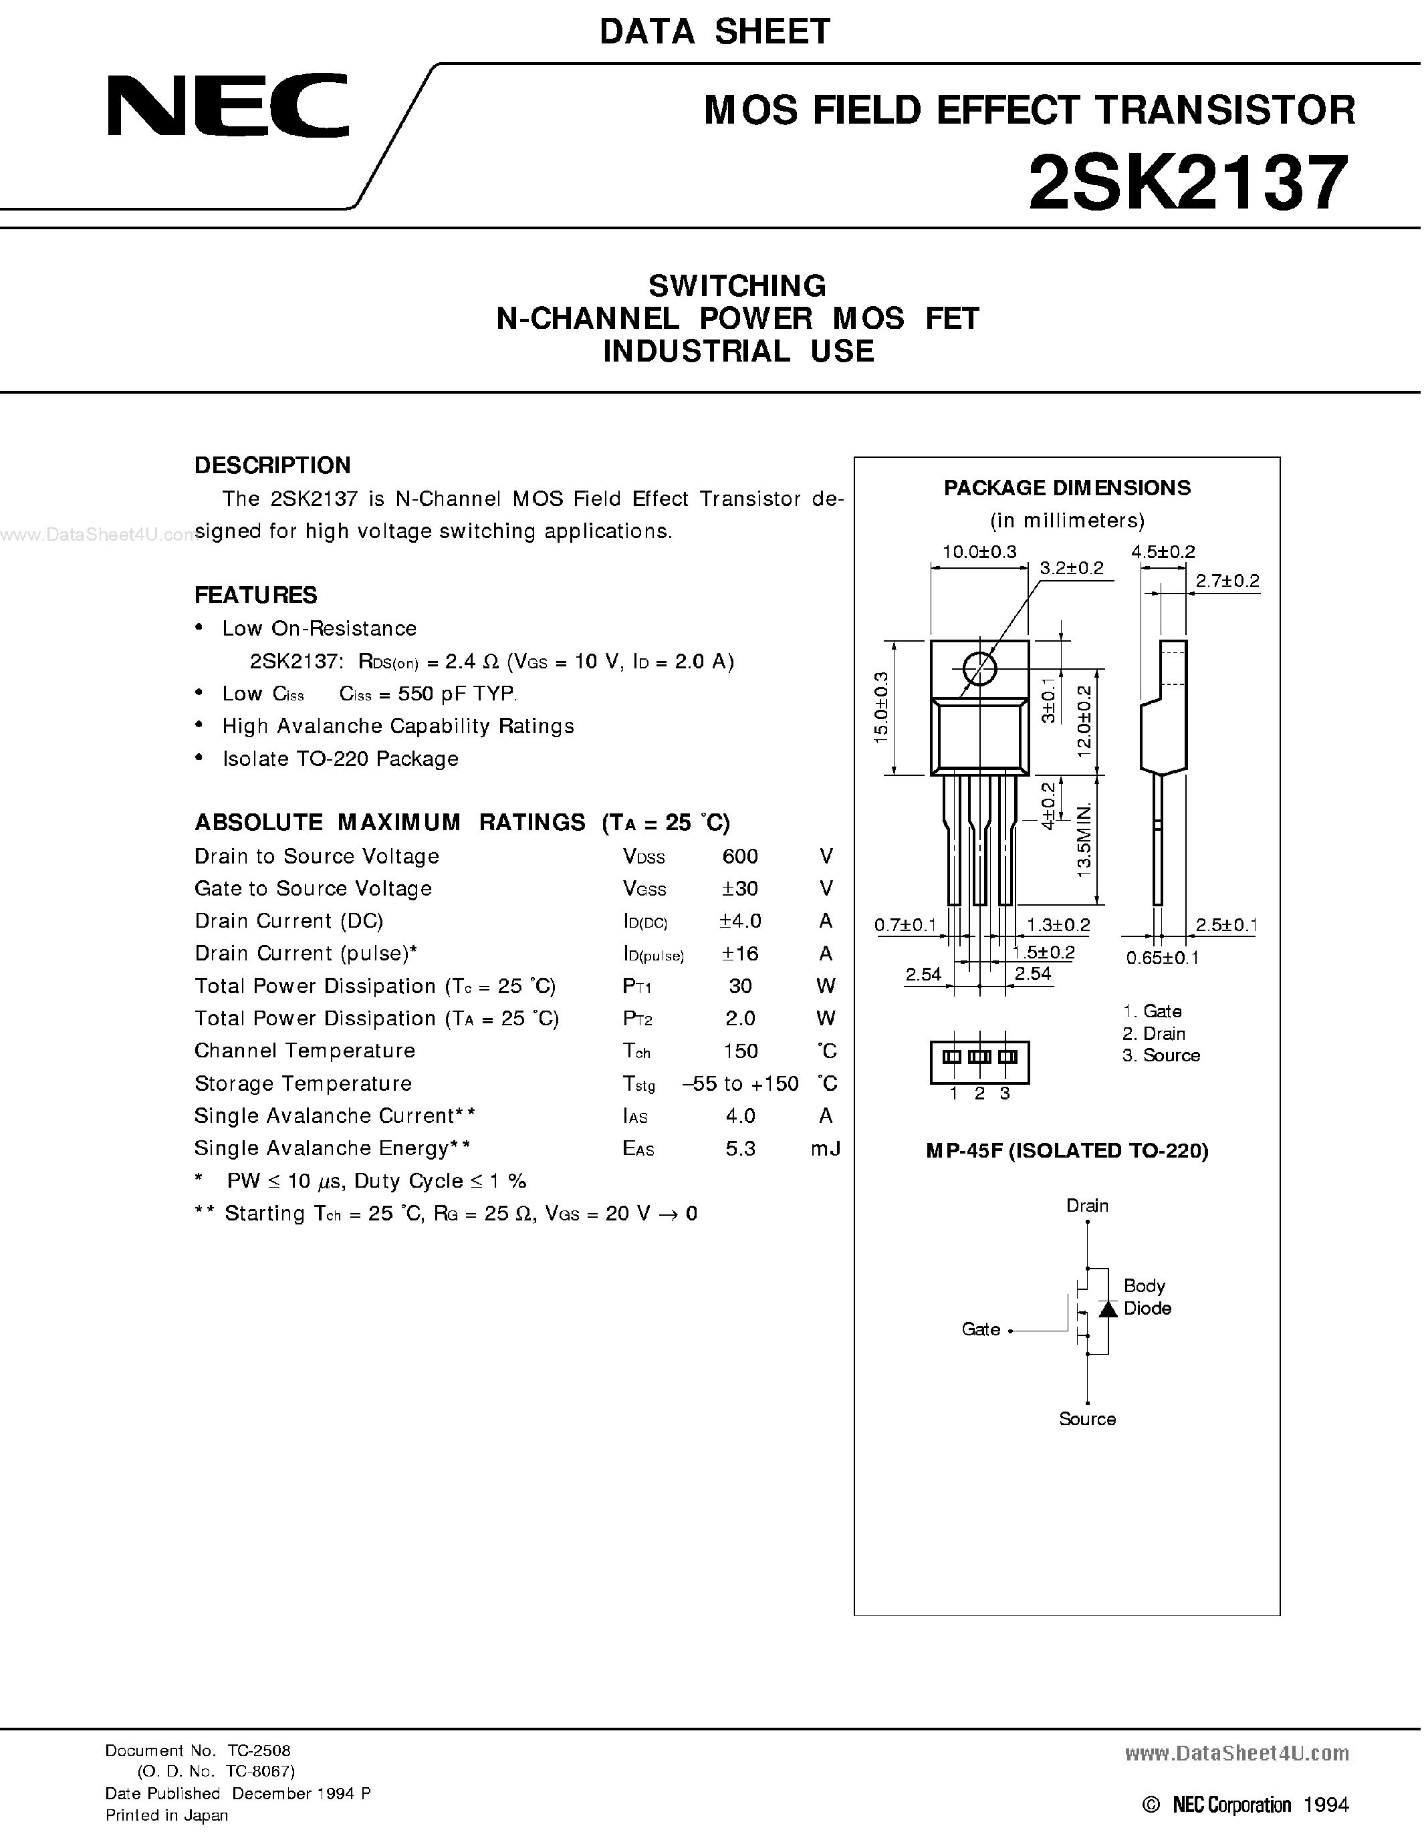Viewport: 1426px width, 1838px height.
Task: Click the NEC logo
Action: tap(227, 106)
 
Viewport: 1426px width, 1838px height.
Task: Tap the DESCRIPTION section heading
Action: tap(272, 465)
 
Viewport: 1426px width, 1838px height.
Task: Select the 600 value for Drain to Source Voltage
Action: tap(740, 857)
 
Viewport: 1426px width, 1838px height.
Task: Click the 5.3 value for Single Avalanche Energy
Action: tap(740, 1149)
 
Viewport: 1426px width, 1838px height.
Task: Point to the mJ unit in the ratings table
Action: tap(825, 1149)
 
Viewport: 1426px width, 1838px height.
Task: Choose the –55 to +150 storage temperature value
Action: tap(740, 1084)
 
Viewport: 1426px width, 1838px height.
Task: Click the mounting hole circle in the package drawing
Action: tap(979, 670)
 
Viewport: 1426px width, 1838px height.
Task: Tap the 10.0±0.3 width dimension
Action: tap(979, 552)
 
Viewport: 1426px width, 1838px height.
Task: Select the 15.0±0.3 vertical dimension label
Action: tap(880, 707)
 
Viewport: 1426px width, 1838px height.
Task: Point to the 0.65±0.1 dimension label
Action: tap(1162, 958)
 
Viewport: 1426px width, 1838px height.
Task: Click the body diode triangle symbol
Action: tap(1108, 1309)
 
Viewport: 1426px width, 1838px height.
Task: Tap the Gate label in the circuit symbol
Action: tap(981, 1329)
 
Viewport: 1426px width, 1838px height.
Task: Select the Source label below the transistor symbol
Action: tap(1087, 1419)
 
